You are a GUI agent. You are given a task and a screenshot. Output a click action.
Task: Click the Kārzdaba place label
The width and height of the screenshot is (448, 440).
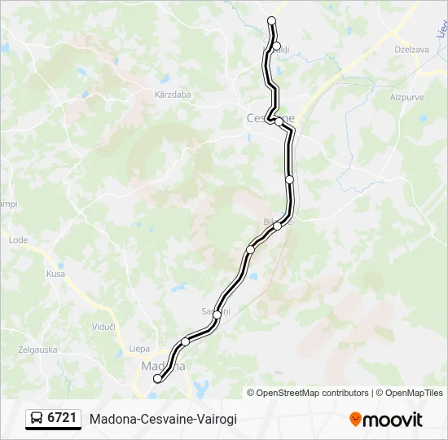pos(172,95)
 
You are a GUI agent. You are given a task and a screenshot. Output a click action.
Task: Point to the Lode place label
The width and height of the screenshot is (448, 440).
pos(18,240)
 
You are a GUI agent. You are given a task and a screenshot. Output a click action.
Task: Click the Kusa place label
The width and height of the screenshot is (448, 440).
pos(55,274)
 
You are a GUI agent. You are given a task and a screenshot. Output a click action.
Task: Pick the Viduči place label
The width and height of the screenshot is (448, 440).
pos(103,326)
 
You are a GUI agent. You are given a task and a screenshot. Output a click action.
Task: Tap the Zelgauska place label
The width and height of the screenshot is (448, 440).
pos(38,350)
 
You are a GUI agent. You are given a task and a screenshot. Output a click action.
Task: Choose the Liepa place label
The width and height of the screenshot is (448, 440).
pos(138,349)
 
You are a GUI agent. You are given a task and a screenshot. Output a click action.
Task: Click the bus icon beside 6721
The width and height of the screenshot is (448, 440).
pos(37,419)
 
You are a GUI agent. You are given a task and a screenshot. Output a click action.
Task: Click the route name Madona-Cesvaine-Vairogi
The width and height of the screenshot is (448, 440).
pos(163,419)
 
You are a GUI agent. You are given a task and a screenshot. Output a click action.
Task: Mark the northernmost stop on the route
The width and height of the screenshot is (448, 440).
pos(271,21)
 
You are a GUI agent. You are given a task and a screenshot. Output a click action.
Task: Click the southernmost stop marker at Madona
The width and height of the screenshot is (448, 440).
pos(157,378)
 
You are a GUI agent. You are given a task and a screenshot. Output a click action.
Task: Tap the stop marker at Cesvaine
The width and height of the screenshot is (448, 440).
pos(279,121)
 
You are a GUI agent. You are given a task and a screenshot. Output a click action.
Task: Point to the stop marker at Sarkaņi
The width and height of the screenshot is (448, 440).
pos(217,315)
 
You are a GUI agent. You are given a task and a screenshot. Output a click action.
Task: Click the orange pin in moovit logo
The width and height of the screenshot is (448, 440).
pos(355,420)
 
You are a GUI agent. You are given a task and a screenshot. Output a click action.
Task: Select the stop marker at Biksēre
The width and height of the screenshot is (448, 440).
pos(278,226)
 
